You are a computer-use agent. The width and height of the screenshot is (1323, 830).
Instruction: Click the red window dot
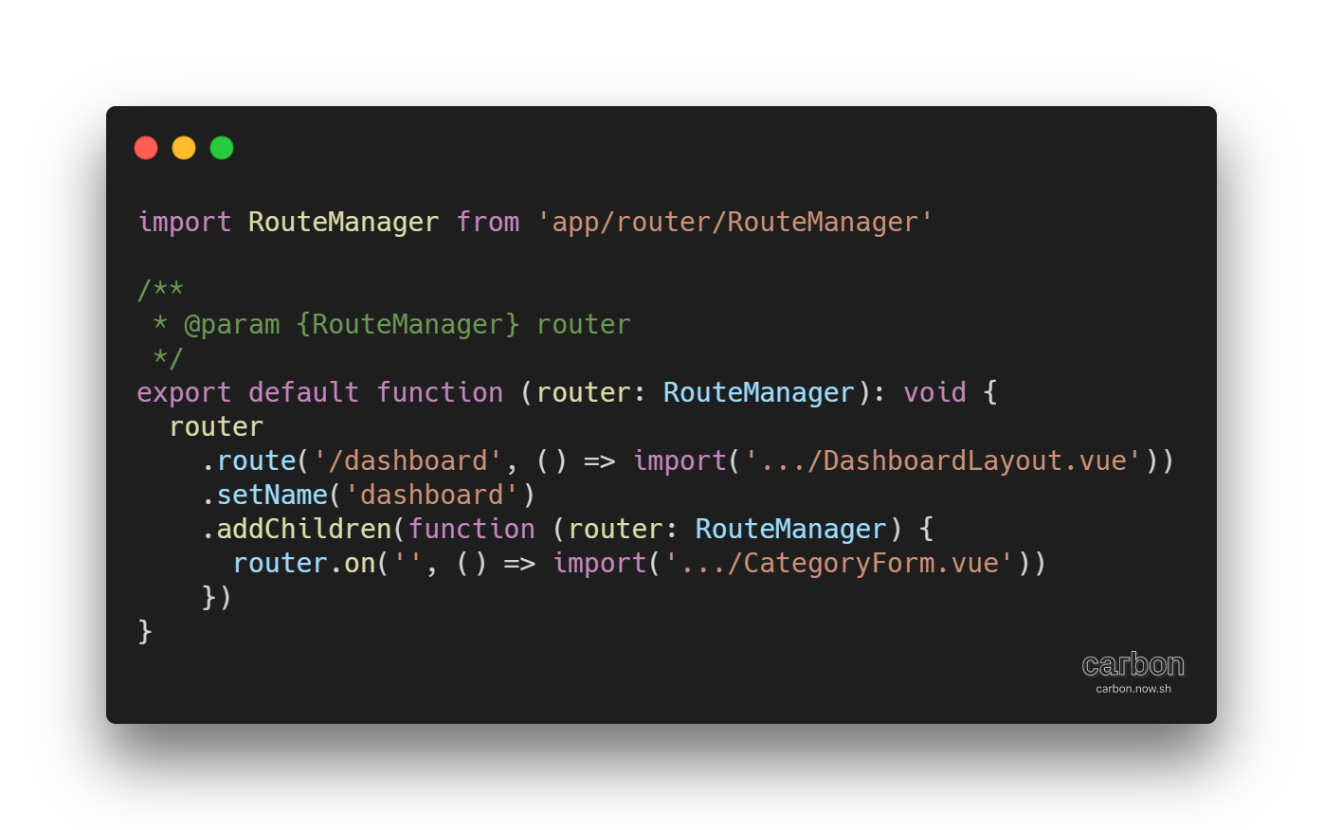pyautogui.click(x=146, y=148)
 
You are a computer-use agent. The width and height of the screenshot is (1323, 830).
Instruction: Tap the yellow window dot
pyautogui.click(x=184, y=148)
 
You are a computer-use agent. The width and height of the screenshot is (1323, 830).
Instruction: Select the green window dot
pyautogui.click(x=222, y=148)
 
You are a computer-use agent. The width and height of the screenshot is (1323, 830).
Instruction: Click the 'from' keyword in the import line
pyautogui.click(x=488, y=222)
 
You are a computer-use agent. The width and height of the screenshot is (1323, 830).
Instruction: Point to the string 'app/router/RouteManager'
pyautogui.click(x=734, y=222)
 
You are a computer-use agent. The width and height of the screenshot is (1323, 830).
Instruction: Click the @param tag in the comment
pyautogui.click(x=232, y=324)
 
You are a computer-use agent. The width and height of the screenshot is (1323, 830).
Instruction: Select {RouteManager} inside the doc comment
pyautogui.click(x=408, y=324)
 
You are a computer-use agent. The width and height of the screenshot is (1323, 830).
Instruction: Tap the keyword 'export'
pyautogui.click(x=184, y=392)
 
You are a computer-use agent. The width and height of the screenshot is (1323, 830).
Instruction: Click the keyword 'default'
pyautogui.click(x=303, y=392)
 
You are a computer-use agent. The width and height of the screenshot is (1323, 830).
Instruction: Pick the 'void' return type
pyautogui.click(x=934, y=392)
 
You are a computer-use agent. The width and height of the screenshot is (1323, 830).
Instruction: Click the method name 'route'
pyautogui.click(x=257, y=460)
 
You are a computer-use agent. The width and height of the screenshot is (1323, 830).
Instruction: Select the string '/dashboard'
pyautogui.click(x=408, y=460)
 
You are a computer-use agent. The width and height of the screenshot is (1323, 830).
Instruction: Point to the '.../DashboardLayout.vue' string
pyautogui.click(x=943, y=460)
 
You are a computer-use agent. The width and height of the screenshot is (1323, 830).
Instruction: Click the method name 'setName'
pyautogui.click(x=272, y=495)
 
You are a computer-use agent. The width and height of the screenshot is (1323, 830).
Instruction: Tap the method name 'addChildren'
pyautogui.click(x=304, y=529)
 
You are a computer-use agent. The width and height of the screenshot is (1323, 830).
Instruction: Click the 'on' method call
pyautogui.click(x=360, y=563)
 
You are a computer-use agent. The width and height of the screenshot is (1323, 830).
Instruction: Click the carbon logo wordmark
pyautogui.click(x=1133, y=664)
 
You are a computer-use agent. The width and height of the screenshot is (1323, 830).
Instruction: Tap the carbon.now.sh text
pyautogui.click(x=1133, y=689)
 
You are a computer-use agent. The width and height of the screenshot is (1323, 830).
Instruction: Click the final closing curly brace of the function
pyautogui.click(x=145, y=631)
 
